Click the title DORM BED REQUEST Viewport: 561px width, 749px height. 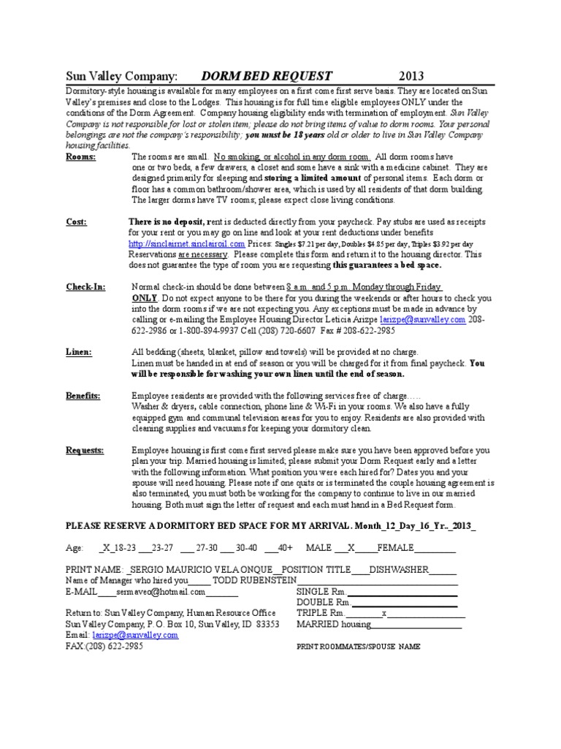click(x=267, y=76)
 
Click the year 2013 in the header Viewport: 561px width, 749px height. click(x=411, y=76)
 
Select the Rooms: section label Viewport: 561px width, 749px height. click(x=80, y=157)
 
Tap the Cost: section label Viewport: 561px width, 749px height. click(x=76, y=222)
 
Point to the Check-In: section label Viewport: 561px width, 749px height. click(x=85, y=287)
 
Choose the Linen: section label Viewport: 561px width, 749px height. click(x=79, y=353)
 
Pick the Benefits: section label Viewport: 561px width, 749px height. click(x=83, y=396)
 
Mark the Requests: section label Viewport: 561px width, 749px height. click(x=85, y=450)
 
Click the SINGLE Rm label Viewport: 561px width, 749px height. click(x=320, y=592)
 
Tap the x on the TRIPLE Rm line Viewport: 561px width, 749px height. click(x=384, y=613)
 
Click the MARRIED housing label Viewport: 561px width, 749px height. click(x=333, y=624)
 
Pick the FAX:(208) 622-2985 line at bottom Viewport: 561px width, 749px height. click(x=104, y=646)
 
